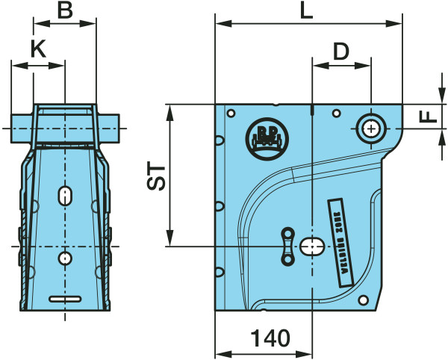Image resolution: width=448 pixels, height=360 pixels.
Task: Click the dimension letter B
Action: pos(66,10)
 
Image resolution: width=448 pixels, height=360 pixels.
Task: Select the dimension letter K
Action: pos(38,50)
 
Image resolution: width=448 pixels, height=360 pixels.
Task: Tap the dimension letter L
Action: pos(305,10)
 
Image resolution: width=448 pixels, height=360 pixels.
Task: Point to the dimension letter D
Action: pos(340,52)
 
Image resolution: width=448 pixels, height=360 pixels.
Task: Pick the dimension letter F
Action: pos(426,117)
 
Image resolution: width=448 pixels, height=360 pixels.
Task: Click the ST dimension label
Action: pos(155,176)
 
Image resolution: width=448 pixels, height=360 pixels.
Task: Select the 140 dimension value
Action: pos(270,339)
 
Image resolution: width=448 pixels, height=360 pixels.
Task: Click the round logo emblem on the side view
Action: pos(264,137)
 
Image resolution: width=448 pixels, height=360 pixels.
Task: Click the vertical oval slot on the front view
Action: pos(66,196)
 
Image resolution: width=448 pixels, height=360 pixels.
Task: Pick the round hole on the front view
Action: pos(66,258)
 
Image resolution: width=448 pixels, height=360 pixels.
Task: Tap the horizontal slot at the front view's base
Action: pos(66,299)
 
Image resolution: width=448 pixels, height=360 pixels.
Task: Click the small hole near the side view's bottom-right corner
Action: pos(364,301)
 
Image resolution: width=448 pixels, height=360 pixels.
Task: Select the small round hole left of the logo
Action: pos(231,114)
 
